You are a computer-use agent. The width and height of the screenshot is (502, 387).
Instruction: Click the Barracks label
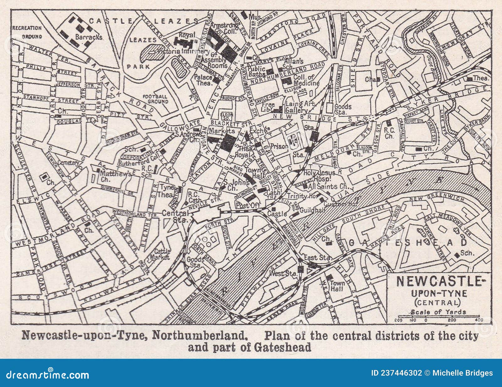pyautogui.click(x=84, y=37)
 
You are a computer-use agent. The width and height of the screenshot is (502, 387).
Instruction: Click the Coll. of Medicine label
pyautogui.click(x=306, y=80)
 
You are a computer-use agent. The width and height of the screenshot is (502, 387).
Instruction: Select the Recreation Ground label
pyautogui.click(x=27, y=32)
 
